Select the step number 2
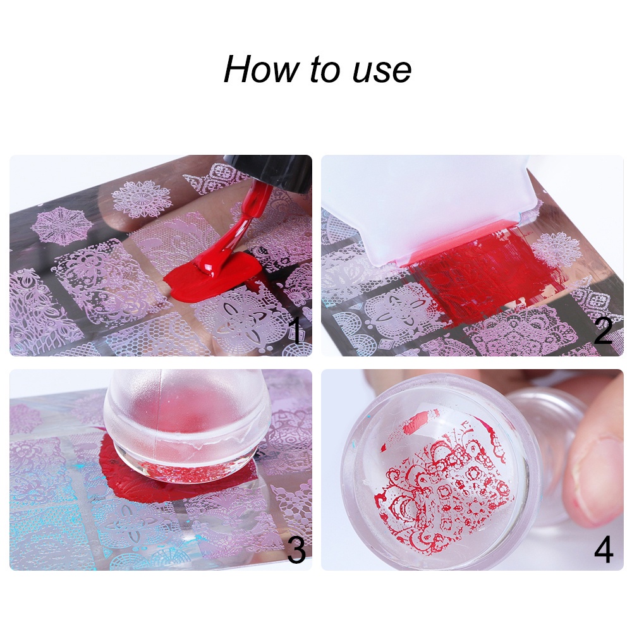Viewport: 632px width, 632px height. tap(603, 331)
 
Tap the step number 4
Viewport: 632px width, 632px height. tap(604, 550)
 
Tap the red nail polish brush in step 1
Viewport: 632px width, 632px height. tap(243, 221)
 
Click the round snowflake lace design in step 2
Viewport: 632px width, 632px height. tap(556, 250)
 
